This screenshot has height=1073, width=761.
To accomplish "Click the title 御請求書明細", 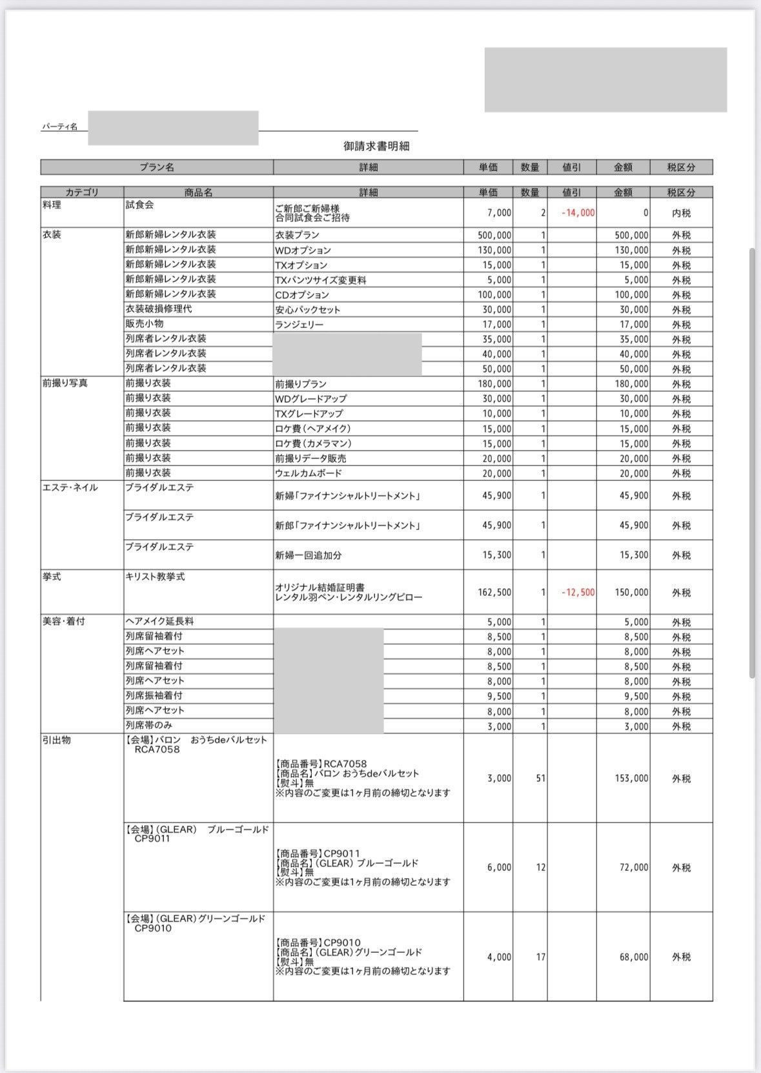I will tap(376, 147).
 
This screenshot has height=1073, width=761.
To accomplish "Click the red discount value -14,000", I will tap(578, 212).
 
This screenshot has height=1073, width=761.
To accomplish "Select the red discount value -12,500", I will tap(578, 592).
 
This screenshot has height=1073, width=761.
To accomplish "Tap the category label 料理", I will tap(52, 205).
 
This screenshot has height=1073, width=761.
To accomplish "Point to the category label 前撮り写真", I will tap(65, 383).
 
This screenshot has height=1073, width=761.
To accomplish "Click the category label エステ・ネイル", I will tap(70, 487).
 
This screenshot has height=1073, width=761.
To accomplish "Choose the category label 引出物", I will tap(57, 740).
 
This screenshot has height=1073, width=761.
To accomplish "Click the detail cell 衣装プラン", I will tap(297, 235).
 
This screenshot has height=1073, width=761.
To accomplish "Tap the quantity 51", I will tap(540, 778).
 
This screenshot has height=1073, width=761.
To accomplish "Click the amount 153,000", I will tap(631, 778).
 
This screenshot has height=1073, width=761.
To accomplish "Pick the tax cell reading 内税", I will tap(681, 212).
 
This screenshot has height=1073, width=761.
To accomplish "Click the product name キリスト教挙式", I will tap(155, 577).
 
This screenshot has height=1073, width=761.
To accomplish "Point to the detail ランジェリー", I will tap(299, 325).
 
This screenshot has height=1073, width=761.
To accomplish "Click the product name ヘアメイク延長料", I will tap(159, 621).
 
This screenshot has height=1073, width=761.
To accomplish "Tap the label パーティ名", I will tap(59, 127).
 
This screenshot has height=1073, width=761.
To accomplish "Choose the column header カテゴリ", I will tap(82, 192).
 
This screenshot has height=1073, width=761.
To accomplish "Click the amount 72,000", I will tap(634, 867).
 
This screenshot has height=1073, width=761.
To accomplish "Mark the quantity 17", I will tap(540, 957).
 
